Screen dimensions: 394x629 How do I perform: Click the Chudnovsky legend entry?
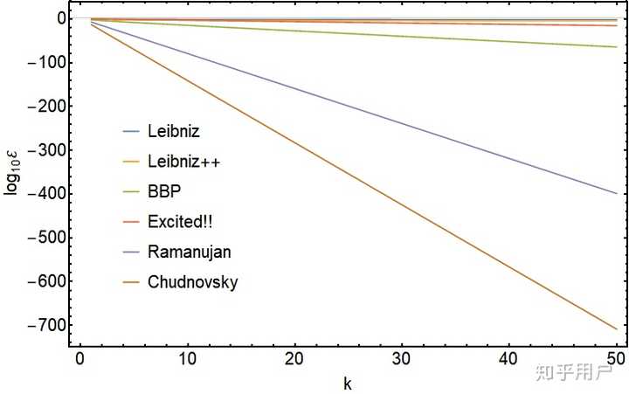tap(193, 283)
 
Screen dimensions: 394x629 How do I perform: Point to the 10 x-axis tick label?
tap(187, 359)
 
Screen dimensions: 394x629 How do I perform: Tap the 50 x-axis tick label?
tap(615, 359)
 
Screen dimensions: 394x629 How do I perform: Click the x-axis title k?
tap(348, 382)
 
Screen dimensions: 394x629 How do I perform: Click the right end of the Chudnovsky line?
tap(617, 328)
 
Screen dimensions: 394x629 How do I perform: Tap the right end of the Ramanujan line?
tap(617, 193)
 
